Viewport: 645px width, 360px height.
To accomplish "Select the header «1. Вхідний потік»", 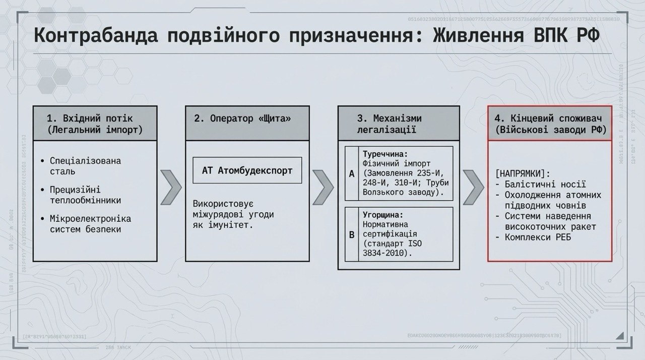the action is [x=90, y=118].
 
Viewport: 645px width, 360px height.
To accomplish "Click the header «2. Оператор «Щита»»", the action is [x=243, y=118].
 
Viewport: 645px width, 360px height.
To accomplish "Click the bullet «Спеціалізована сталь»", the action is [x=86, y=166].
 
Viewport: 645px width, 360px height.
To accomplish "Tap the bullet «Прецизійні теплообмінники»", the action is [x=86, y=195].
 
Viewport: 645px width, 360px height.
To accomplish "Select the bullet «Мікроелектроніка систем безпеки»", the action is [x=90, y=224].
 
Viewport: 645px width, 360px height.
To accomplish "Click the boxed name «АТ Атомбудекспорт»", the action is [x=247, y=170].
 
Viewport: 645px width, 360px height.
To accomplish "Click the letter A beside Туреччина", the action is [x=352, y=174].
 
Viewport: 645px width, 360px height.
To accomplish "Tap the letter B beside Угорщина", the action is [x=352, y=234].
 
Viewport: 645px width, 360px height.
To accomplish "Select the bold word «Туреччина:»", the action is [x=385, y=153].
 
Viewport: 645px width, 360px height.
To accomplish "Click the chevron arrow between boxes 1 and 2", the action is [x=171, y=188].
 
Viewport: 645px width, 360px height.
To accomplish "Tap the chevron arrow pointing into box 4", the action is [x=473, y=188].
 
